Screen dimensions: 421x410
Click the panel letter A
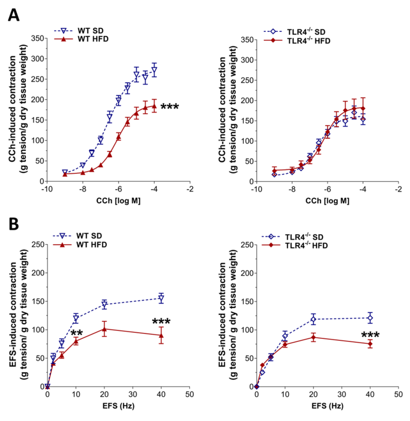tap(14, 15)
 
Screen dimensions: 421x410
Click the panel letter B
tap(14, 224)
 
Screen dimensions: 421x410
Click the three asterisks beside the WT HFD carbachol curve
tap(170, 107)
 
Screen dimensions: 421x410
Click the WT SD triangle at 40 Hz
tap(161, 299)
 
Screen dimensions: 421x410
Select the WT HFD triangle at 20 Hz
tap(104, 329)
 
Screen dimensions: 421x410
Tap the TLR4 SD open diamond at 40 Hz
tap(370, 318)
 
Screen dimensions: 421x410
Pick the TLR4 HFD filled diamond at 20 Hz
tap(313, 337)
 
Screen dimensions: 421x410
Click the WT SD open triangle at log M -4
tap(154, 71)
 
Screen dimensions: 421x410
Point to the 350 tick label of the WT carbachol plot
tap(37, 38)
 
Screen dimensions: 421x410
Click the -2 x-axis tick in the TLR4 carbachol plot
tap(398, 189)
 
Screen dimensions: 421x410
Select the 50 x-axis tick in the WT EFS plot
tap(189, 394)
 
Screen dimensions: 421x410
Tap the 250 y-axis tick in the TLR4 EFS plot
tap(247, 245)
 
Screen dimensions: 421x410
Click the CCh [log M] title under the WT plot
tap(118, 201)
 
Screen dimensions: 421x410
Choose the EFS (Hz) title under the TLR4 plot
tap(327, 406)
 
